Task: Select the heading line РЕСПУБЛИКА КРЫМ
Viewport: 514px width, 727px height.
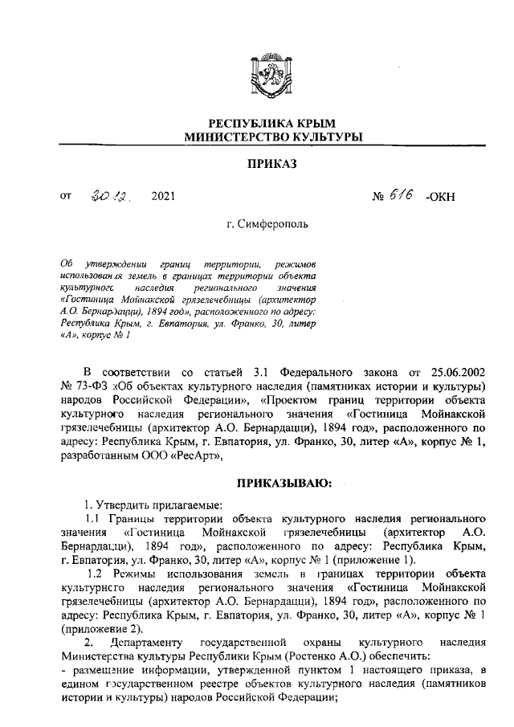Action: (264, 124)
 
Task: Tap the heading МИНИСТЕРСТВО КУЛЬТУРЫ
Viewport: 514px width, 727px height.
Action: (264, 137)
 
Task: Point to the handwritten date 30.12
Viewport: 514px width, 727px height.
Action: (112, 194)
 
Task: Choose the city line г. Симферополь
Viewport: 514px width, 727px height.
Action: (264, 226)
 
